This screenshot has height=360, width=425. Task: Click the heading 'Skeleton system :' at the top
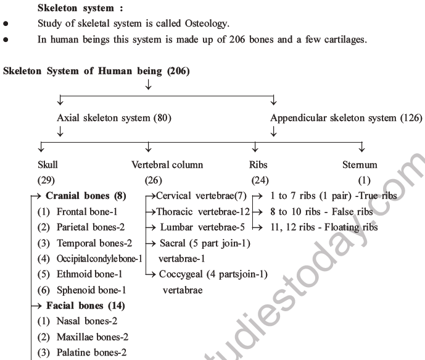(x=76, y=9)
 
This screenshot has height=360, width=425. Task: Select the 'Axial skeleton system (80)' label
(x=114, y=117)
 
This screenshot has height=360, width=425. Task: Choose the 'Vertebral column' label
(x=167, y=165)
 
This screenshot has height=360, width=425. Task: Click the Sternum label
(x=360, y=165)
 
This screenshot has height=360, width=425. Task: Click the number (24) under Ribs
(x=260, y=181)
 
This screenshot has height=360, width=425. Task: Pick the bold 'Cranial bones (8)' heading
(x=86, y=196)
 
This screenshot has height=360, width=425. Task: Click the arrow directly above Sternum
(x=361, y=148)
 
